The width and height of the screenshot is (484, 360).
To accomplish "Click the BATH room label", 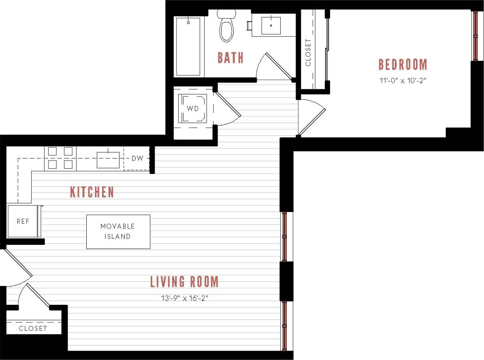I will pyautogui.click(x=230, y=58).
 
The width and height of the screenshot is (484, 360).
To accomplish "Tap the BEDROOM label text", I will pyautogui.click(x=403, y=65).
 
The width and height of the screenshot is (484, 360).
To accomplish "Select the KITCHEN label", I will pyautogui.click(x=92, y=192).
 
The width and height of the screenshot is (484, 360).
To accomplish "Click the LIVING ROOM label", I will pyautogui.click(x=184, y=282).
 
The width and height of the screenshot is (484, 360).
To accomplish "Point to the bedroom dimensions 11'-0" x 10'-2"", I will pyautogui.click(x=403, y=80).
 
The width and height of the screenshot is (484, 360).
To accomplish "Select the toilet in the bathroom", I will pyautogui.click(x=227, y=28).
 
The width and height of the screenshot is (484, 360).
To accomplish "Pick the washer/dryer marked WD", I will pyautogui.click(x=194, y=109).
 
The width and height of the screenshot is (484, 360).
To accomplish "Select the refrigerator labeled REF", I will pyautogui.click(x=23, y=222).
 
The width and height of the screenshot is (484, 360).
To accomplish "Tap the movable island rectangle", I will pyautogui.click(x=118, y=231).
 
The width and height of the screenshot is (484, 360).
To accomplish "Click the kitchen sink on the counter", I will pyautogui.click(x=108, y=160).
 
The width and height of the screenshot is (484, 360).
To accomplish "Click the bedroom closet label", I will pyautogui.click(x=308, y=53).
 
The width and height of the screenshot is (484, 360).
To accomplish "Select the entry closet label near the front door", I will pyautogui.click(x=33, y=328).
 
